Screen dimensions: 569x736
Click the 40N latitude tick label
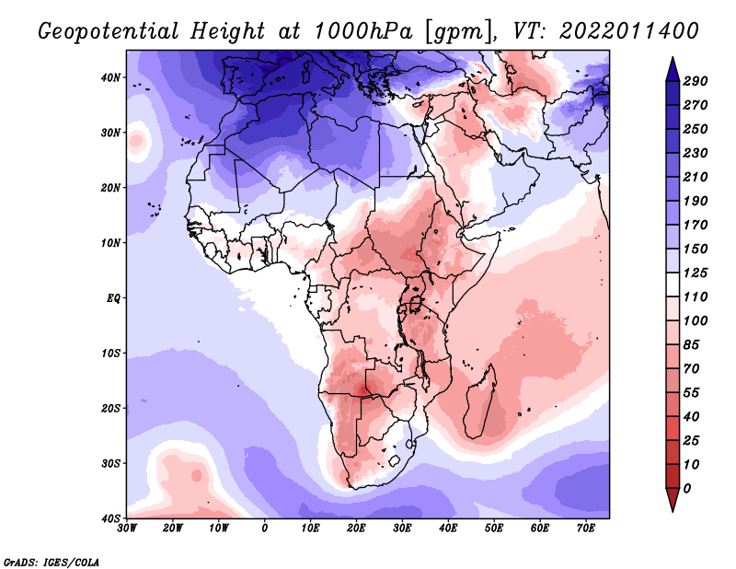coord(110,77)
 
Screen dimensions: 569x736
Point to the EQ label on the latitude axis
coord(112,298)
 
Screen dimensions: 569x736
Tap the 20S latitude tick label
coord(110,408)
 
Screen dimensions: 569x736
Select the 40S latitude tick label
coord(110,518)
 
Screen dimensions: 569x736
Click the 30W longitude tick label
coord(127,528)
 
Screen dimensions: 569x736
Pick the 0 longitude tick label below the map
coord(265,528)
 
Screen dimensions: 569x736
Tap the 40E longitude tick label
coord(448,528)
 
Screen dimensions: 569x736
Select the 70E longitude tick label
coord(586,528)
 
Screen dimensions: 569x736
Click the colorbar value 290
coord(695,82)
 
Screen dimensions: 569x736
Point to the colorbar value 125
coord(695,273)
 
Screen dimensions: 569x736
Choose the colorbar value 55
coord(691,392)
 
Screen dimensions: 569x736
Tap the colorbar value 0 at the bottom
coord(686,488)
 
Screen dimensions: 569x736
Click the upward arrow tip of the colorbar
coord(672,60)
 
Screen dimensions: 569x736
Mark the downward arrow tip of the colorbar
coord(672,509)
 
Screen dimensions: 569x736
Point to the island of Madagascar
coord(482,402)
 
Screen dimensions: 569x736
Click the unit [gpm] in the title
coord(456,31)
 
